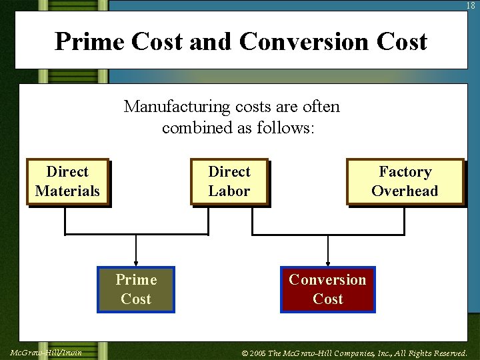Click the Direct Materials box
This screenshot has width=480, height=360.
pos(67,181)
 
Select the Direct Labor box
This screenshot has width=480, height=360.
pos(229,181)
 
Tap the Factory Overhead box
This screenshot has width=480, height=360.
pos(405,181)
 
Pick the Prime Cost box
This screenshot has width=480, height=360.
pos(136,289)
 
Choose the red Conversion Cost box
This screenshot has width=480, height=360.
pos(327,289)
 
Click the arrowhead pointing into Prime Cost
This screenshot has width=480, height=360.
pos(136,263)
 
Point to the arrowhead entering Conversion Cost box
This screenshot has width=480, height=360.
pos(327,263)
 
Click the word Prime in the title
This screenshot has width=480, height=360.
pos(90,41)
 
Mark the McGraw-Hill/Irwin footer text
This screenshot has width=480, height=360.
pos(46,353)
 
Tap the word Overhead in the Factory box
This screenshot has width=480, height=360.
pos(405,191)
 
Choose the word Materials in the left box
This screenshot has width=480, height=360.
pos(67,191)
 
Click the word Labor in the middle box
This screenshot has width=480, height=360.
pos(229,191)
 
